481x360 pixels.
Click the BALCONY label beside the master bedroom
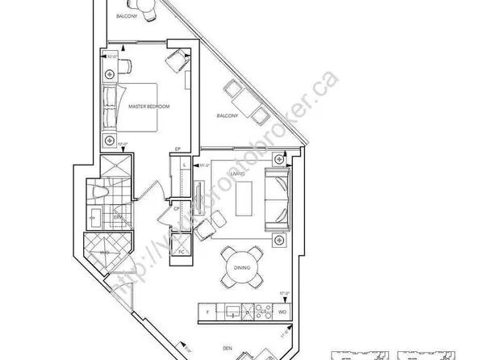[228, 116]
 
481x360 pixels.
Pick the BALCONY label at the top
[126, 15]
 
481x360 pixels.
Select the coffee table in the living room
[244, 198]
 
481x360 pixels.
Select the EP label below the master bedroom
[185, 149]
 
